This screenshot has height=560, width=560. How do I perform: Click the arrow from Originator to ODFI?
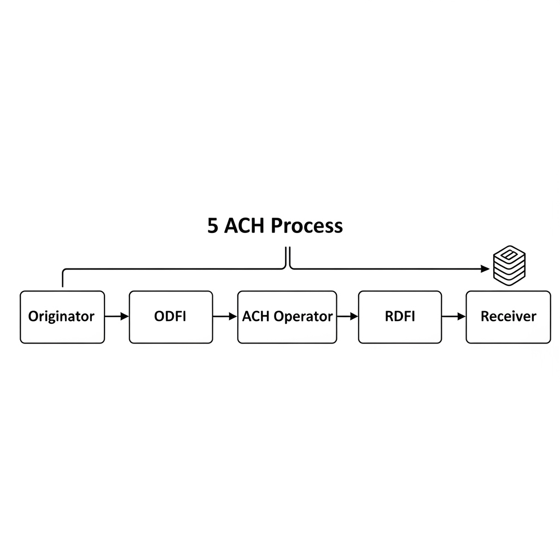pyautogui.click(x=116, y=317)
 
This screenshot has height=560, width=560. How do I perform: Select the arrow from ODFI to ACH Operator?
pyautogui.click(x=225, y=317)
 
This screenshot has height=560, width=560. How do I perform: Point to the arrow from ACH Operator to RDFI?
pyautogui.click(x=347, y=317)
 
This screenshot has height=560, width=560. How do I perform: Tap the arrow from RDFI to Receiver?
pyautogui.click(x=453, y=317)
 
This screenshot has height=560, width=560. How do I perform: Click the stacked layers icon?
pyautogui.click(x=509, y=265)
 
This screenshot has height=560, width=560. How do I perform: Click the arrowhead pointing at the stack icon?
pyautogui.click(x=485, y=269)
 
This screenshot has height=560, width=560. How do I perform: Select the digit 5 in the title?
pyautogui.click(x=213, y=226)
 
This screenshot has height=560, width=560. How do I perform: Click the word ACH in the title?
pyautogui.click(x=245, y=226)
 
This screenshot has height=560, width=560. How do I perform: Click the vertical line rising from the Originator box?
pyautogui.click(x=63, y=279)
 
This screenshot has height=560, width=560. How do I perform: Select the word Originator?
pyautogui.click(x=61, y=317)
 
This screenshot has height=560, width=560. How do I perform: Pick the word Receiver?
pyautogui.click(x=508, y=316)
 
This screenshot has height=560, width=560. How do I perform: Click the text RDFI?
pyautogui.click(x=400, y=316)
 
